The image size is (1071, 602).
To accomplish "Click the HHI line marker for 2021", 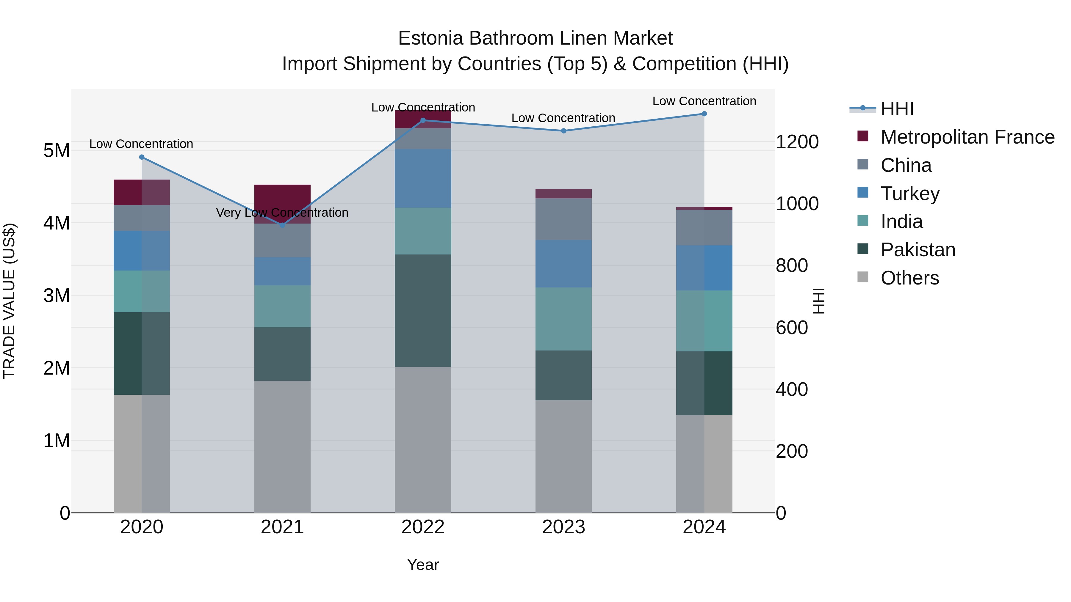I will tap(282, 225).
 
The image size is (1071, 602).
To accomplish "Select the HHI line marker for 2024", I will tap(704, 114).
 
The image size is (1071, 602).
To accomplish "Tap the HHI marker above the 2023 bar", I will tap(564, 131).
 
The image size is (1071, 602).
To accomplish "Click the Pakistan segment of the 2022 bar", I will tap(423, 311).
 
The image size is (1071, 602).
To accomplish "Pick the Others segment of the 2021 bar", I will tap(282, 447).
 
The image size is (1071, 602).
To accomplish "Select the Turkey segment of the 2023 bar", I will tap(563, 264).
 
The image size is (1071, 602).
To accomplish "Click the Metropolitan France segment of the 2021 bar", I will tap(282, 199).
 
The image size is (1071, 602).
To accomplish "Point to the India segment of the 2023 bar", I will tap(563, 319).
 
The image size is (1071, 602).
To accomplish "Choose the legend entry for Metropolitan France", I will tap(967, 137).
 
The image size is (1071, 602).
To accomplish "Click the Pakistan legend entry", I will tap(917, 250).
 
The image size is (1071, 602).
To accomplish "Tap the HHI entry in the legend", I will tap(897, 109).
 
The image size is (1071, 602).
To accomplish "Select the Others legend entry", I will tap(909, 278).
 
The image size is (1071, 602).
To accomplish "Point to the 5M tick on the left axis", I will tap(57, 150).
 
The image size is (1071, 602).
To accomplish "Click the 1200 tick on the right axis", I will tap(797, 142).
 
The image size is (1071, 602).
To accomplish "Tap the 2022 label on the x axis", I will tap(423, 527).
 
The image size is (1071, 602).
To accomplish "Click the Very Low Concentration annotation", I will tap(282, 213).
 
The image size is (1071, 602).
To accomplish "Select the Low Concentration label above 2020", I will tap(141, 144).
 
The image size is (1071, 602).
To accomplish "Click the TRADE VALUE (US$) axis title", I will tap(10, 301).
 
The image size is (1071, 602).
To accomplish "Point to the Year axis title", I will tap(423, 565).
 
